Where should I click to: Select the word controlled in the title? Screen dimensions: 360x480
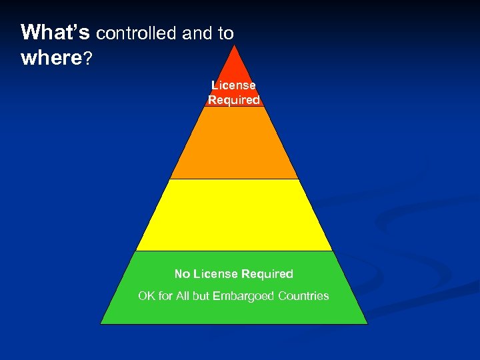coord(136,33)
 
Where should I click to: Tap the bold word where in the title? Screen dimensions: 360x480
coord(51,59)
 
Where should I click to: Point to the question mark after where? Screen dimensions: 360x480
coord(87,59)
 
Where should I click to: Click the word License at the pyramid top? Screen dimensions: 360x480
coord(233,85)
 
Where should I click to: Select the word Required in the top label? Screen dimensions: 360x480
coord(233,100)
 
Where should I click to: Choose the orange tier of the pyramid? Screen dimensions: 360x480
coord(233,143)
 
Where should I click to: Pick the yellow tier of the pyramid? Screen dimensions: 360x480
coord(233,215)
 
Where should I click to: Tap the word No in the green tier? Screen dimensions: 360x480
coord(182,274)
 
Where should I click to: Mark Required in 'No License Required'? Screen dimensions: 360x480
coord(267,274)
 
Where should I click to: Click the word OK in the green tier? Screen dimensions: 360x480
coord(147,295)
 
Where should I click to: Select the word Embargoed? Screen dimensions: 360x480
coord(244,295)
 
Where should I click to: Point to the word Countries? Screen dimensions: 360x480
coord(304,295)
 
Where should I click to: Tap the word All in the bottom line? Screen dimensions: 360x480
coord(183,295)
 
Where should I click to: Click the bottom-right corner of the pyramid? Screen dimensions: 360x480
coord(366,323)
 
